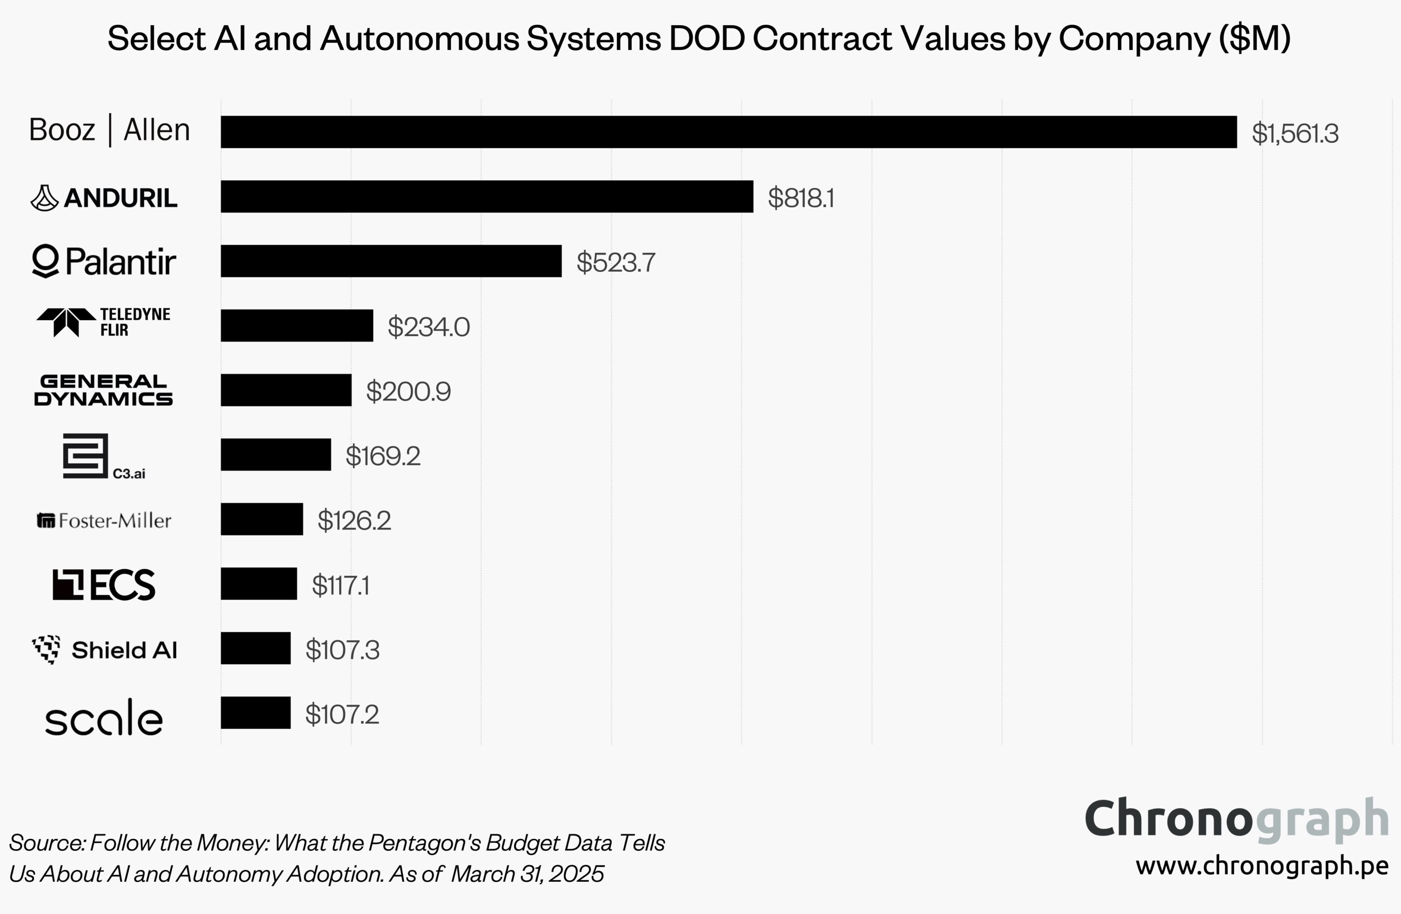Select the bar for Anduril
pyautogui.click(x=487, y=197)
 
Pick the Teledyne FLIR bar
pyautogui.click(x=297, y=326)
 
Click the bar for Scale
pyautogui.click(x=255, y=713)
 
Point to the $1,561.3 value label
pyautogui.click(x=1295, y=134)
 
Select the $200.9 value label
pyautogui.click(x=408, y=392)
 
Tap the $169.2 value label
pyautogui.click(x=382, y=456)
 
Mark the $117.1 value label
pyautogui.click(x=340, y=586)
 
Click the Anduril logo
pyautogui.click(x=104, y=198)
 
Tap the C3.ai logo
pyautogui.click(x=104, y=457)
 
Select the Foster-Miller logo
pyautogui.click(x=104, y=521)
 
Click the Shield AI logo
pyautogui.click(x=104, y=650)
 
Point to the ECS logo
pyautogui.click(x=104, y=585)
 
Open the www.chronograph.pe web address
pyautogui.click(x=1261, y=866)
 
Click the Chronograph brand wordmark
pyautogui.click(x=1236, y=819)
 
